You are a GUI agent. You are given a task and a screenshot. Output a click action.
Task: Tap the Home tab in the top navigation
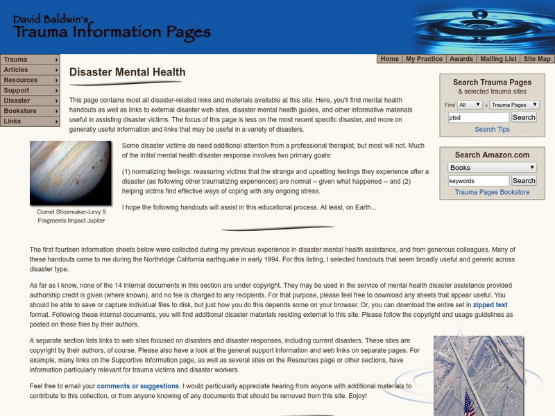pyautogui.click(x=390, y=59)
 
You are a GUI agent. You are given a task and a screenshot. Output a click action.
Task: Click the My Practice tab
pyautogui.click(x=424, y=59)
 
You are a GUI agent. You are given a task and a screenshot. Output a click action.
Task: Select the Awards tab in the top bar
pyautogui.click(x=461, y=59)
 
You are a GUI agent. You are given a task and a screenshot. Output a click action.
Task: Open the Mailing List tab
pyautogui.click(x=497, y=59)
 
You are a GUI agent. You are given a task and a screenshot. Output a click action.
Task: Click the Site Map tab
pyautogui.click(x=537, y=59)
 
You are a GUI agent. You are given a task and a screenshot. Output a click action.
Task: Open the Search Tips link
pyautogui.click(x=492, y=130)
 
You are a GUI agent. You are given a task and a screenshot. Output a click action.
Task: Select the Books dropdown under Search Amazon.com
pyautogui.click(x=492, y=167)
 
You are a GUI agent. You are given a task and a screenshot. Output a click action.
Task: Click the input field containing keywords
pyautogui.click(x=478, y=181)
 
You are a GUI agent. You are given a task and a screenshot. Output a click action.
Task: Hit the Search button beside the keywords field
pyautogui.click(x=524, y=181)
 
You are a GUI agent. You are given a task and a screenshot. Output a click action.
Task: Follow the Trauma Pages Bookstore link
pyautogui.click(x=492, y=192)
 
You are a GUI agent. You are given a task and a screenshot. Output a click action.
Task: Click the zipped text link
pyautogui.click(x=491, y=305)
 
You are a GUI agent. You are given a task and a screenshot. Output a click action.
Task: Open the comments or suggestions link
pyautogui.click(x=138, y=386)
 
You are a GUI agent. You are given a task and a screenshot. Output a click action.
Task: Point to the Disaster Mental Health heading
pyautogui.click(x=128, y=71)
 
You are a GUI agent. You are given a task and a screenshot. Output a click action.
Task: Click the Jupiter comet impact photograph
pyautogui.click(x=70, y=173)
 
